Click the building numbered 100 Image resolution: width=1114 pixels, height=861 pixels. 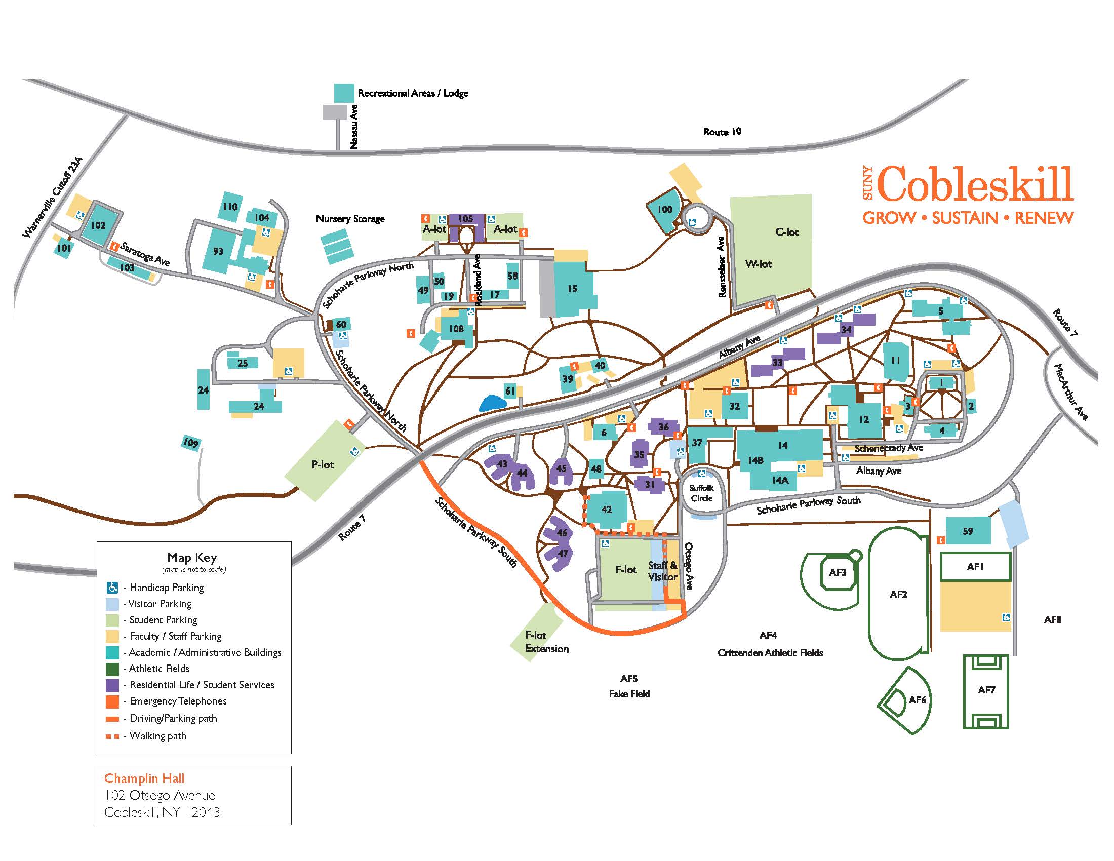[x=664, y=210]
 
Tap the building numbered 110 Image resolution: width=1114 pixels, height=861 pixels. [x=230, y=207]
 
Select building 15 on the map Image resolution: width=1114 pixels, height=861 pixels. [x=572, y=289]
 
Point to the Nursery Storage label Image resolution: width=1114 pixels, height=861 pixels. [x=350, y=219]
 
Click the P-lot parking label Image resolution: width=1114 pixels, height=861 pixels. [x=323, y=464]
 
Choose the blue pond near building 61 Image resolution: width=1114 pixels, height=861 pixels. [x=492, y=403]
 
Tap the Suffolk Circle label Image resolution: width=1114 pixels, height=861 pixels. [x=701, y=493]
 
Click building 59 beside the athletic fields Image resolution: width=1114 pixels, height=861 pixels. [x=968, y=531]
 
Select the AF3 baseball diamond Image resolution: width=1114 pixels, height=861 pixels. [x=838, y=572]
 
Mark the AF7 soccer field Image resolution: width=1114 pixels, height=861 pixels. [x=986, y=690]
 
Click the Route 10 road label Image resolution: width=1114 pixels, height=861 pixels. [x=722, y=132]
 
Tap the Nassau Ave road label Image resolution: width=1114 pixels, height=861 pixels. [x=354, y=127]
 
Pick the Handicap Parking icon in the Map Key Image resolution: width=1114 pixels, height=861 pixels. [x=113, y=588]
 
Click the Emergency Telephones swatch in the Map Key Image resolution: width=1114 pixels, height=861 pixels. [x=113, y=701]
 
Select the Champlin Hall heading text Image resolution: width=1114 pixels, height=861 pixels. [x=144, y=778]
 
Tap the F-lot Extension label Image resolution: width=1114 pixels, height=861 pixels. [x=546, y=642]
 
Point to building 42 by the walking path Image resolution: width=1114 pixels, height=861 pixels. [x=606, y=510]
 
